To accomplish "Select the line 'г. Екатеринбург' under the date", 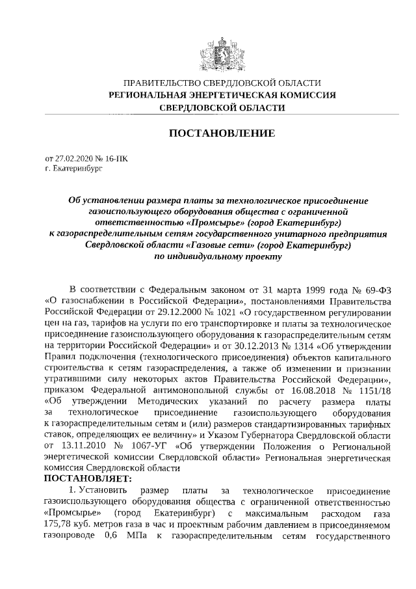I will coord(73,168).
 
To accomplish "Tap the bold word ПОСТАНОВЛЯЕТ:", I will coord(88,478).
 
